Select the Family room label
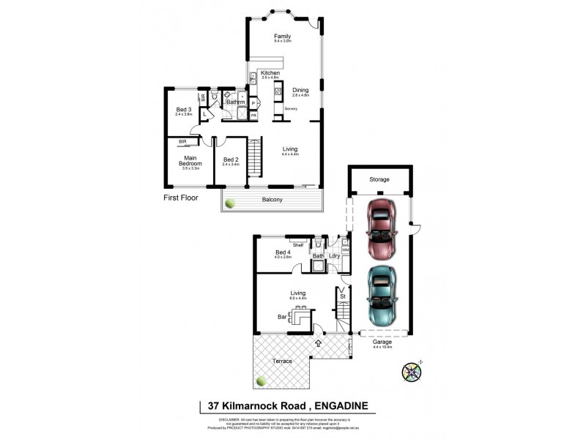(x=282, y=37)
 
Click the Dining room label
(x=300, y=91)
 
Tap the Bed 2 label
(x=231, y=160)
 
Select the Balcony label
(x=273, y=199)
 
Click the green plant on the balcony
(x=231, y=203)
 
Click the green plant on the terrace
(x=262, y=380)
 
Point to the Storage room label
(x=379, y=179)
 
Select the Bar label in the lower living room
(x=281, y=318)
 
